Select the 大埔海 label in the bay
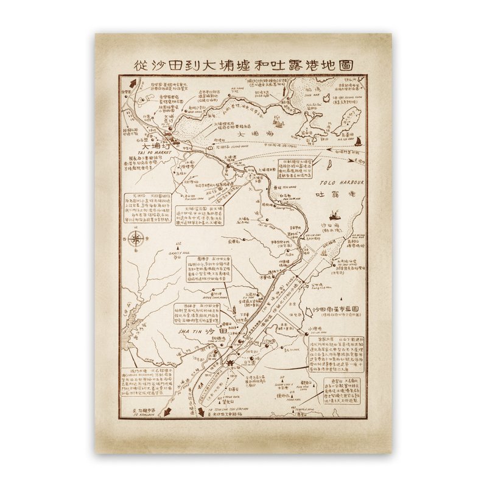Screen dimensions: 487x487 coord(251,135)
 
